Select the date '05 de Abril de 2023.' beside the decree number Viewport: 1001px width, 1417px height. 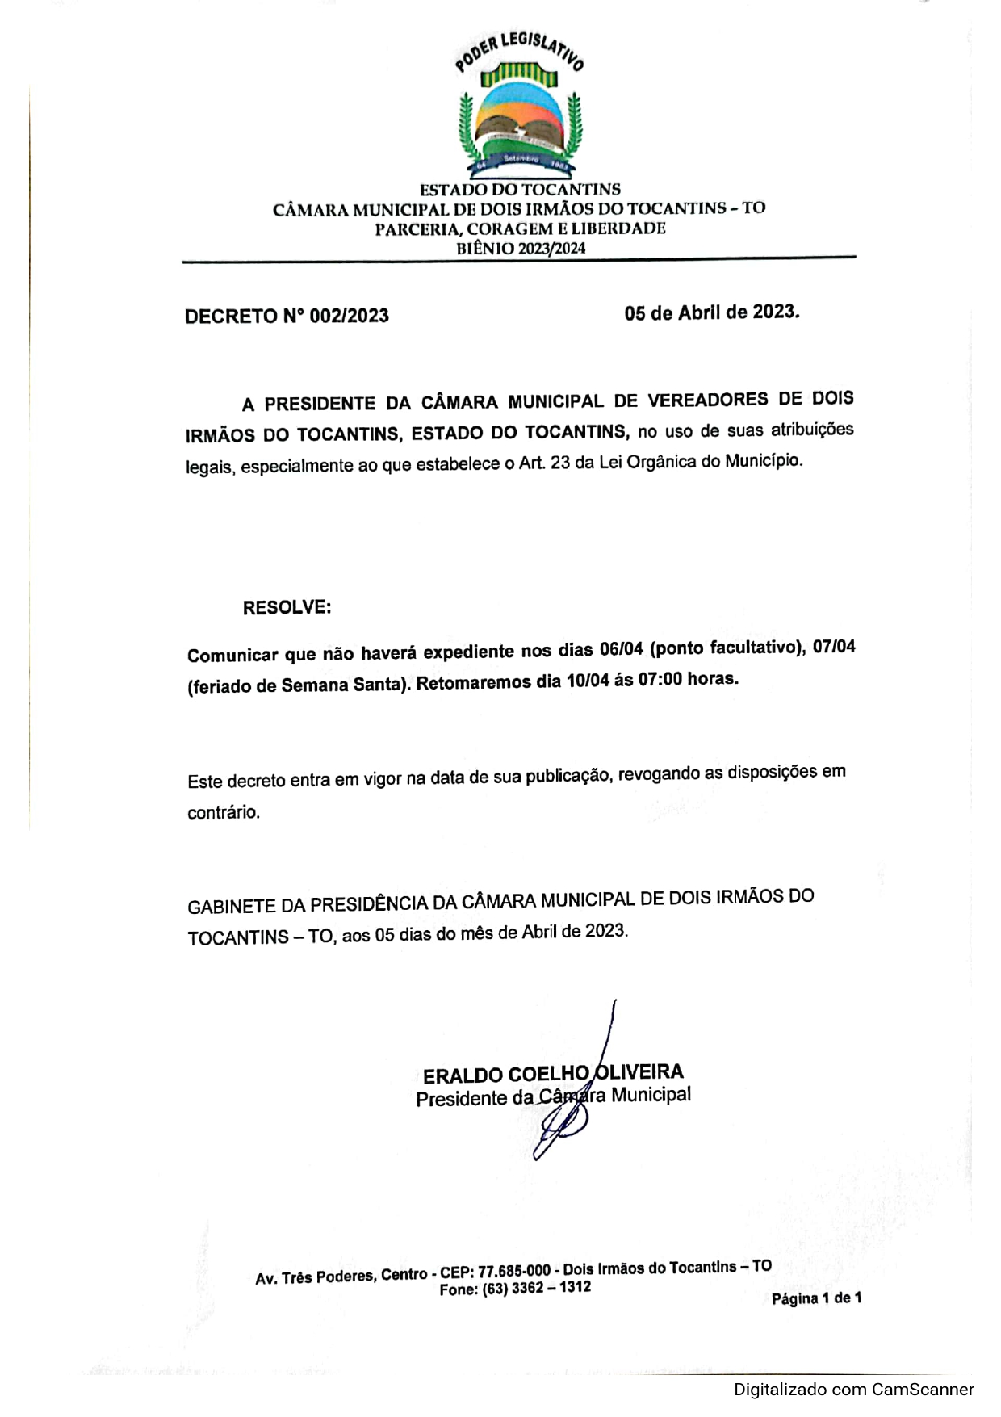coord(711,312)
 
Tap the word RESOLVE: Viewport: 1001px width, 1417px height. coord(287,607)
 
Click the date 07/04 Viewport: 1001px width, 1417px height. coord(834,647)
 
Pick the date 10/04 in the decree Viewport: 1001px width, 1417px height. coord(587,681)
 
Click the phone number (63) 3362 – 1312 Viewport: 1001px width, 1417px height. coord(537,1288)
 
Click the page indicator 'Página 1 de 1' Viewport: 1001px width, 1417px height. coord(816,1298)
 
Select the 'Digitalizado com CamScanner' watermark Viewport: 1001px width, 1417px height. coord(853,1390)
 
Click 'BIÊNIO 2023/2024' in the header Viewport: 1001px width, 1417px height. coord(521,249)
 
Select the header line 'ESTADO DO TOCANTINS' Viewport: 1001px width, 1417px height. coord(520,190)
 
